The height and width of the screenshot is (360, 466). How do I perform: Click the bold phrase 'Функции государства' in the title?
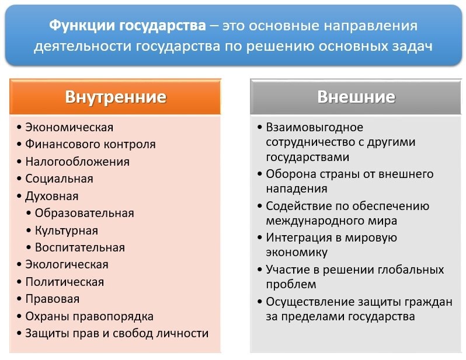(x=127, y=26)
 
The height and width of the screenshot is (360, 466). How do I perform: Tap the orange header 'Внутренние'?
(x=115, y=96)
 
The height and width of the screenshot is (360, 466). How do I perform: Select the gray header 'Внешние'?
(x=356, y=96)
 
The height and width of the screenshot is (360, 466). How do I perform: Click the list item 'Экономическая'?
(x=69, y=127)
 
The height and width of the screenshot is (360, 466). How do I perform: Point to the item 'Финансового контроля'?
(x=90, y=144)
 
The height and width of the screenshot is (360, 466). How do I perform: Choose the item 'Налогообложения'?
(x=77, y=162)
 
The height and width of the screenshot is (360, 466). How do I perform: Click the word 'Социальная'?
(x=59, y=179)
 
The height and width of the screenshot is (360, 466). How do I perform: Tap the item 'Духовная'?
(x=51, y=196)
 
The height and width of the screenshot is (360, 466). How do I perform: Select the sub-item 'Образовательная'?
(x=84, y=213)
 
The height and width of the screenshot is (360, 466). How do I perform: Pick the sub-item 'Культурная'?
(x=66, y=230)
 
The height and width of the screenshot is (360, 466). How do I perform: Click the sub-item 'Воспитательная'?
(x=79, y=247)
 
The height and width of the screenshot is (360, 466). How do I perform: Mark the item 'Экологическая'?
(x=67, y=264)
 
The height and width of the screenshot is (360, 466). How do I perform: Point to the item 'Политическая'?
(x=64, y=282)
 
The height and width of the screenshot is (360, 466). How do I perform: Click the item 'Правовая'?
(x=52, y=299)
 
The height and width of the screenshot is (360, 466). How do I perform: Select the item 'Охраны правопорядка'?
(x=89, y=316)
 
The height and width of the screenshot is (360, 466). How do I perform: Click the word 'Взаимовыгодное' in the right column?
(x=314, y=127)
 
